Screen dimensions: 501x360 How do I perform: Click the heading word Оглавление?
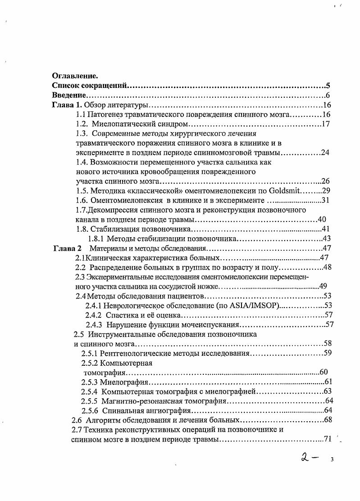pyautogui.click(x=75, y=75)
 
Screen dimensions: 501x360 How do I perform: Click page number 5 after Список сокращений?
pyautogui.click(x=328, y=85)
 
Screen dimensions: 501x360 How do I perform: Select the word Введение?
pyautogui.click(x=68, y=95)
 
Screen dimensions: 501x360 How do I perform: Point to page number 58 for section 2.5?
pyautogui.click(x=328, y=344)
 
